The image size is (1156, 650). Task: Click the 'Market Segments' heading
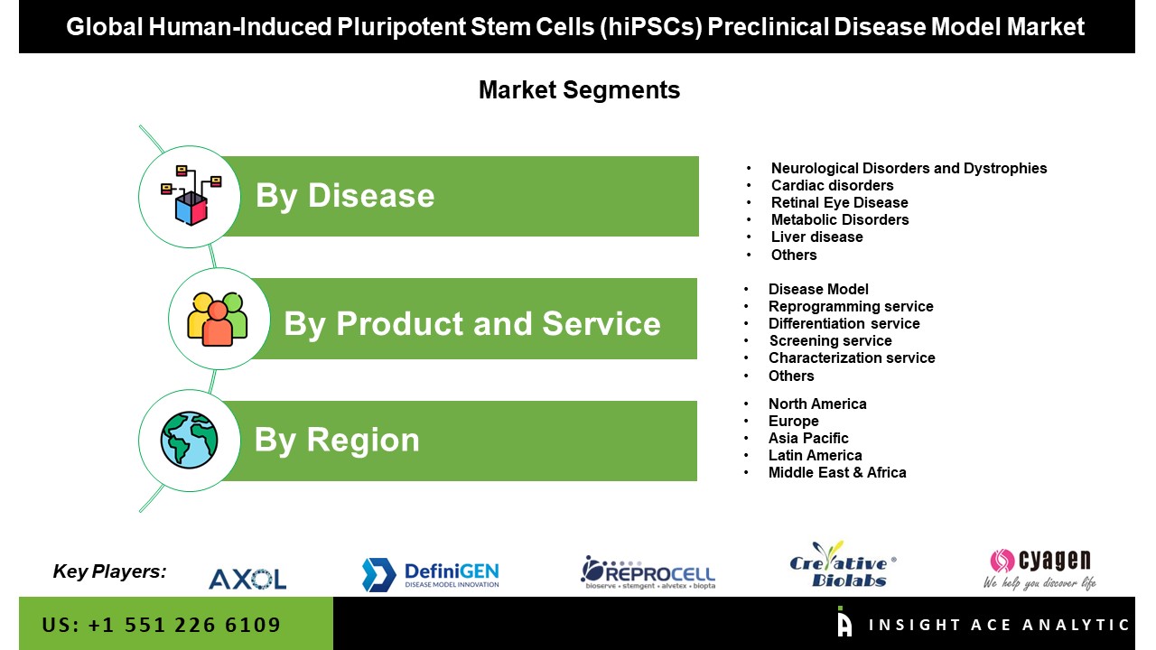[579, 90]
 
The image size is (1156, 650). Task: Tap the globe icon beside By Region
[189, 441]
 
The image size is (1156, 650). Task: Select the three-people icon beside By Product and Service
[218, 320]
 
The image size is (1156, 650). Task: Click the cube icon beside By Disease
[191, 196]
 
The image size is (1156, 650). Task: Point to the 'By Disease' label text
[345, 196]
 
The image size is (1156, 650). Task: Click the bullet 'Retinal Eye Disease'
[839, 202]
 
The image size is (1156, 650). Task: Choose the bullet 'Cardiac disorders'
[832, 185]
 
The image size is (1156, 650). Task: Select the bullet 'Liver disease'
[816, 237]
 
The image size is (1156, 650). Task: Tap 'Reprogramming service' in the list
[851, 306]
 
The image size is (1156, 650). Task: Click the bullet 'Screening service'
[830, 340]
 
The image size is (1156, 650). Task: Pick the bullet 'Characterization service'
[852, 357]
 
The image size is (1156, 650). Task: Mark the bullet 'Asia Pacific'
[808, 438]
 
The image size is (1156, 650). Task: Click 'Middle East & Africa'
[837, 472]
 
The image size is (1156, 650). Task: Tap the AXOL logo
[247, 578]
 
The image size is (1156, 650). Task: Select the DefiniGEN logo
[431, 574]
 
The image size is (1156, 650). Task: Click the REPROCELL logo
[648, 572]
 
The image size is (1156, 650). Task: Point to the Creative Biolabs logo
[842, 566]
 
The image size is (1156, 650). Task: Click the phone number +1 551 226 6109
[162, 625]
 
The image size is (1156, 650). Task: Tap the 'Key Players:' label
[109, 571]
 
